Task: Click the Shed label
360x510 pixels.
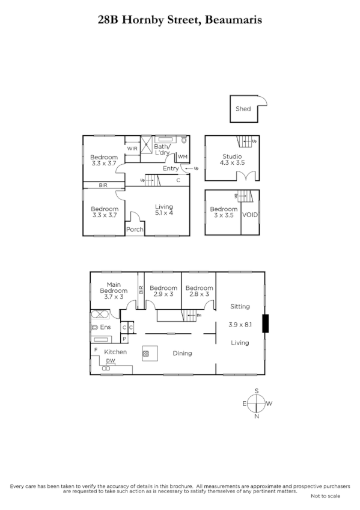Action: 243,109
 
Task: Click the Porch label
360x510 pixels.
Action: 135,229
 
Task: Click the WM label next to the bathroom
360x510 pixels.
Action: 182,157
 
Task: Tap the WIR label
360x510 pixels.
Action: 132,148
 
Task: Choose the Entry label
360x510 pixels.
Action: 170,168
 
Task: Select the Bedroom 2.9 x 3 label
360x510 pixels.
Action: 163,291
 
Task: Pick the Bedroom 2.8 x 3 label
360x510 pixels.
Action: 198,291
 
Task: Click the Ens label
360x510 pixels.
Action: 105,327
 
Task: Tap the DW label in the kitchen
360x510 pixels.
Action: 111,361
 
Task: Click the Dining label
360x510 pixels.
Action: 182,353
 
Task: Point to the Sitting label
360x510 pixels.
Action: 240,306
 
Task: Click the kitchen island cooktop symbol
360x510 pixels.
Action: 145,354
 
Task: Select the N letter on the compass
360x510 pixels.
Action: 257,416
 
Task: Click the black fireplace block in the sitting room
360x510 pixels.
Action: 267,324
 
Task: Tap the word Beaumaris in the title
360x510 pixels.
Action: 233,20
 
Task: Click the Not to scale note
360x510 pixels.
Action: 325,496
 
